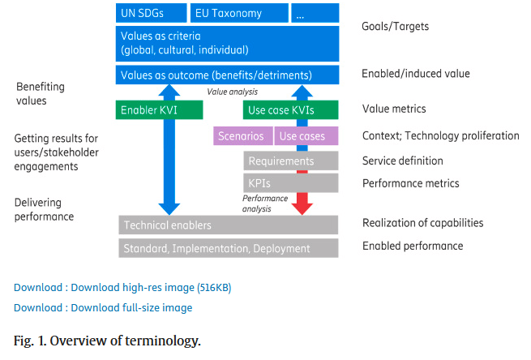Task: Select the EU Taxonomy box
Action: click(238, 13)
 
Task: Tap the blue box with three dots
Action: click(314, 13)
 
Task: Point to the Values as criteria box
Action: click(226, 43)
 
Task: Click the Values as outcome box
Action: click(226, 75)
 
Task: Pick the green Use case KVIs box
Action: click(290, 109)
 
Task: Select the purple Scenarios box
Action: click(242, 136)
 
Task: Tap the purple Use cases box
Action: click(306, 136)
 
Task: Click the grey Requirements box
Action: click(290, 161)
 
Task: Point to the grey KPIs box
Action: click(290, 183)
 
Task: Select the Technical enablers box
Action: click(228, 224)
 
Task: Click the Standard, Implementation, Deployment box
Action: click(228, 248)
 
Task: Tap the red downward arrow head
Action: click(301, 206)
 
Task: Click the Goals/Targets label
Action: click(395, 27)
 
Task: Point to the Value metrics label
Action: click(393, 109)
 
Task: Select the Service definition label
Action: click(402, 161)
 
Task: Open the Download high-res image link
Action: click(122, 287)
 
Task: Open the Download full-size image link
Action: click(103, 307)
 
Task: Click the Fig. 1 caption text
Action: click(107, 340)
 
